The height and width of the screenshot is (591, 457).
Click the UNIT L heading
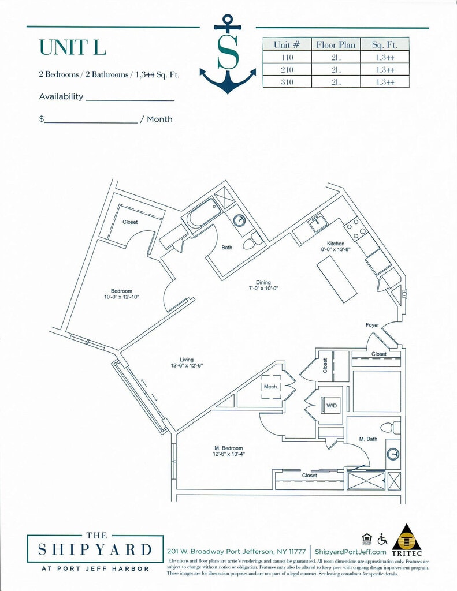pos(73,47)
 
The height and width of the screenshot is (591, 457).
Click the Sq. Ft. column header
pos(384,44)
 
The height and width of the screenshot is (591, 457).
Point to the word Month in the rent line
pos(159,119)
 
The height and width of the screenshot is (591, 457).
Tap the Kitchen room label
pos(336,243)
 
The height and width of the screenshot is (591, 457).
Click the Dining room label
pos(263,282)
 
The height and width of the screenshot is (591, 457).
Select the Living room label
pos(187,360)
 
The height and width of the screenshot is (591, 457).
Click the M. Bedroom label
pos(229,448)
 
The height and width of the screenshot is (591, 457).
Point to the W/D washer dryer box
pos(332,406)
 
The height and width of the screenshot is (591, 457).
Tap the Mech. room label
pos(270,387)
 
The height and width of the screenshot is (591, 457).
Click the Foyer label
pos(373,325)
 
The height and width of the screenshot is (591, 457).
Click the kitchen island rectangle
pos(337,279)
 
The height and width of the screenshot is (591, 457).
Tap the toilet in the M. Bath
pos(395,428)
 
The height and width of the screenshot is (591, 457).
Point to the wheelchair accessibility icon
pos(382,539)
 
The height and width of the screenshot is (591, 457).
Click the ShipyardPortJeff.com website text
pos(350,552)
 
